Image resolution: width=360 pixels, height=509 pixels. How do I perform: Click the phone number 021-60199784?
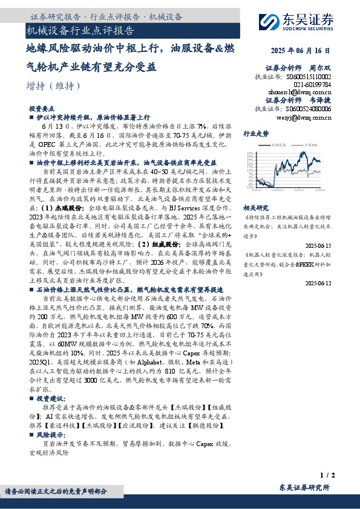[309, 85]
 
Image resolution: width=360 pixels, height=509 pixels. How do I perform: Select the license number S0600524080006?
[308, 108]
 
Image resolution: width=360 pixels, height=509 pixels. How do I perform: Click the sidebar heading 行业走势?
[255, 133]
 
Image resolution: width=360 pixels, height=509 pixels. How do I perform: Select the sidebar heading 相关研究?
[255, 207]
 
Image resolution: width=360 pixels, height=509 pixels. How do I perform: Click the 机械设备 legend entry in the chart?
[278, 145]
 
